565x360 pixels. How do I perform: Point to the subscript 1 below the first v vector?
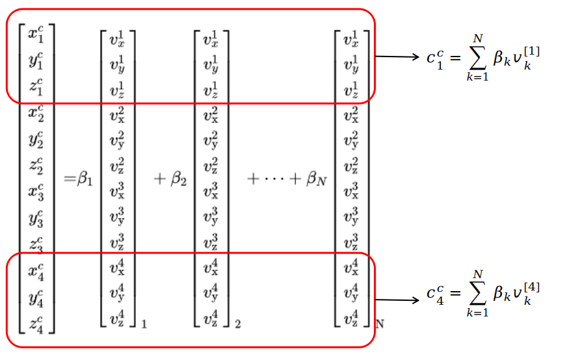click(x=144, y=325)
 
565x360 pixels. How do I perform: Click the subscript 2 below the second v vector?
click(x=238, y=325)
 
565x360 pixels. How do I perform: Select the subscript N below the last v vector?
click(x=380, y=324)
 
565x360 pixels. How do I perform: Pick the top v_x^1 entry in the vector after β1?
click(x=117, y=40)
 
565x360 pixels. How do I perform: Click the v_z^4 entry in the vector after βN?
click(x=351, y=318)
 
